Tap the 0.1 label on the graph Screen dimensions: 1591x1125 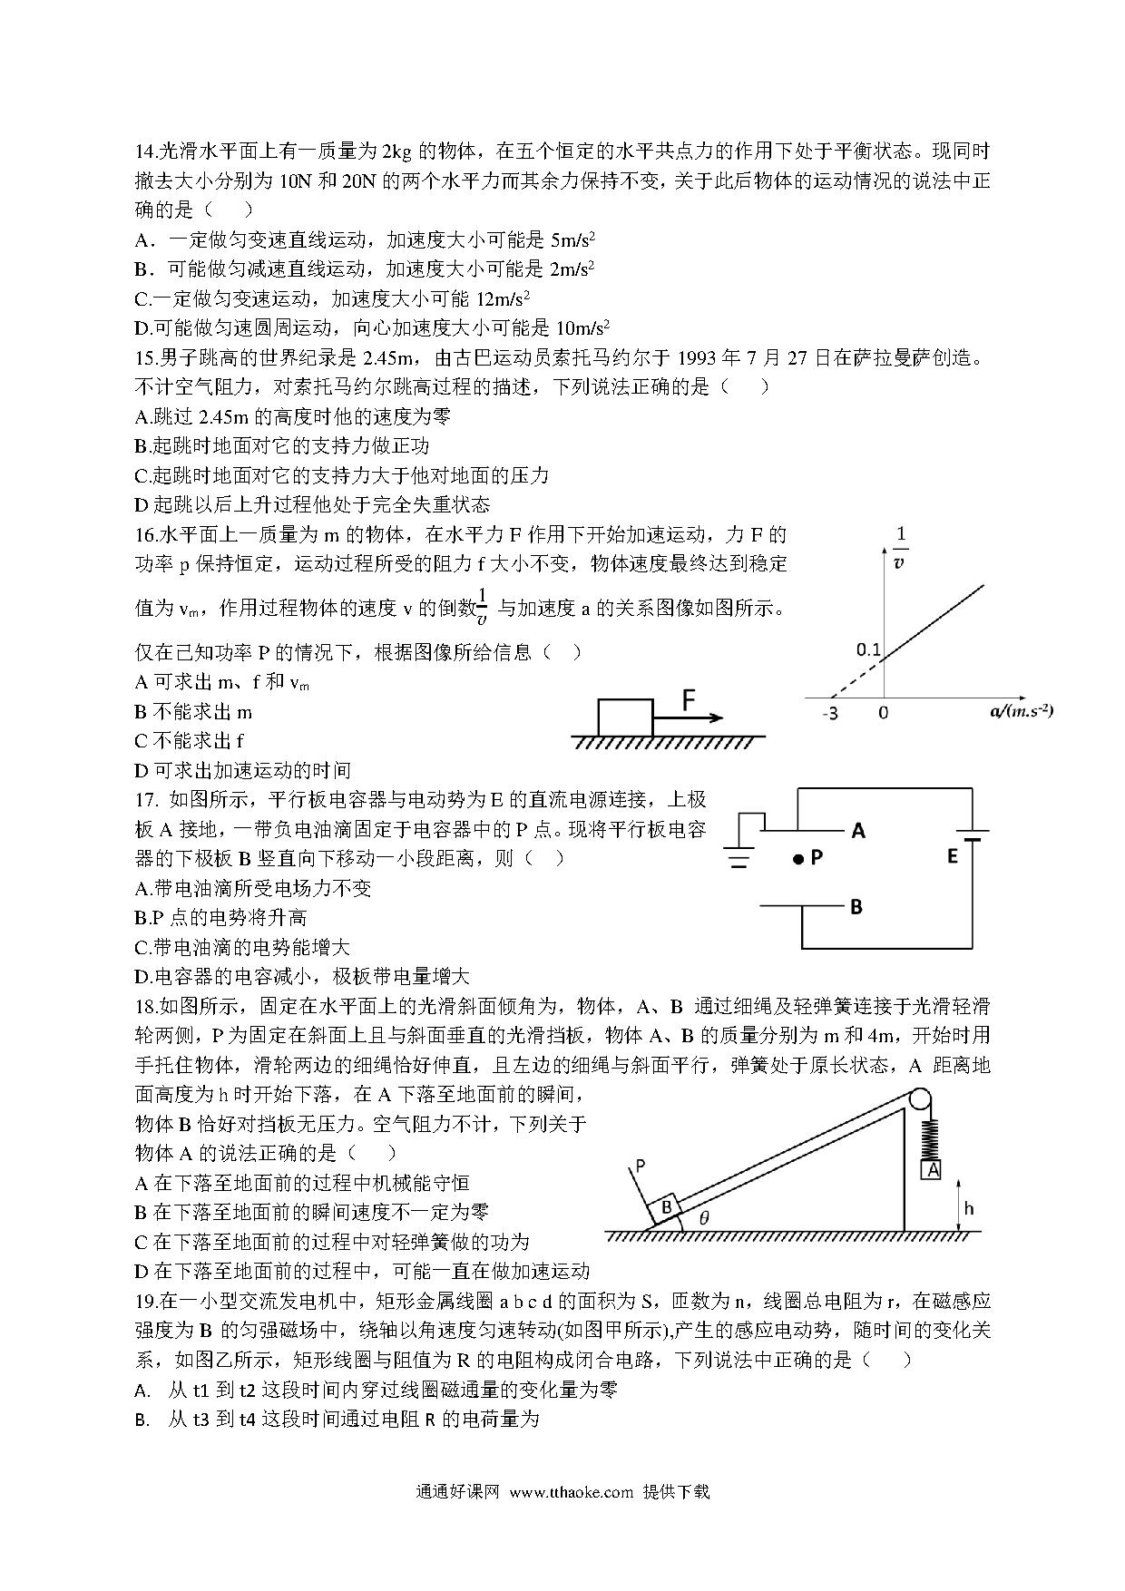coord(868,649)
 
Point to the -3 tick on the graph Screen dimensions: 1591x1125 coord(829,713)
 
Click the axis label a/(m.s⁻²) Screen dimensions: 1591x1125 coord(1021,710)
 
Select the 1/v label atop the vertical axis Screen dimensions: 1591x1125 coord(899,547)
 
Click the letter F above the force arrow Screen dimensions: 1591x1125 coord(689,699)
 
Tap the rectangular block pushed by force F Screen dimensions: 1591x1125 coord(625,717)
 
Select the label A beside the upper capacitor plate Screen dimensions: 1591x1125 coord(857,830)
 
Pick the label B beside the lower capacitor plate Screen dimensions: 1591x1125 coord(856,905)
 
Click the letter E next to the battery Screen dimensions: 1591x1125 coord(953,855)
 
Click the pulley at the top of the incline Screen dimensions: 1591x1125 coord(917,1099)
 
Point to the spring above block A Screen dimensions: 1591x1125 coord(931,1137)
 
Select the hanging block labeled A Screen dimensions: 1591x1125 coord(932,1170)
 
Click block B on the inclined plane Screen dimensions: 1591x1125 coord(667,1207)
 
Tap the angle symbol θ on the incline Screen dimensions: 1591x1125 coord(704,1218)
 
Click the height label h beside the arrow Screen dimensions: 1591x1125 coord(969,1208)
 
